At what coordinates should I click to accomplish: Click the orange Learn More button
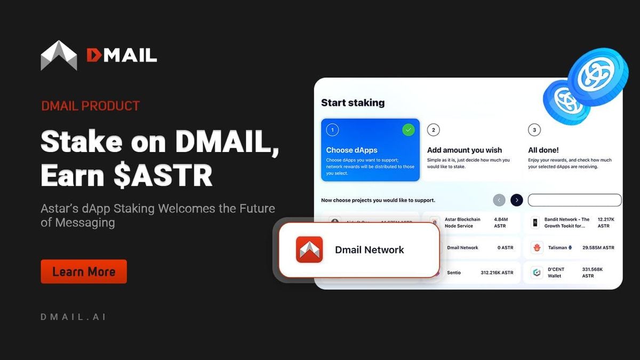point(84,271)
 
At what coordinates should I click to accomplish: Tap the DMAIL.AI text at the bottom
point(73,317)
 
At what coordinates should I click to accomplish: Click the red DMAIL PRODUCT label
point(90,106)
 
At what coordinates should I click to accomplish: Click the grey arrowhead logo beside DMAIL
point(59,55)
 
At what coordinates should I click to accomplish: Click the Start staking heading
point(353,103)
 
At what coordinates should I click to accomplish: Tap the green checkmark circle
point(408,130)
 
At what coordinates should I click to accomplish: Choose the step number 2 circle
point(434,130)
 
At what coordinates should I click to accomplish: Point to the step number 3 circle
point(534,130)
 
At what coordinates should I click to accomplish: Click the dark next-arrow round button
point(516,200)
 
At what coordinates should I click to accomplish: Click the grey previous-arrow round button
point(499,200)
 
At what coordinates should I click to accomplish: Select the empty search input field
point(574,200)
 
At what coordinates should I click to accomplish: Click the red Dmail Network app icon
point(309,250)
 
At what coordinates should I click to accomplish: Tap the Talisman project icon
point(537,247)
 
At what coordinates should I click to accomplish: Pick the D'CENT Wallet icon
point(537,273)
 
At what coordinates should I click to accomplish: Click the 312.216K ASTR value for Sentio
point(497,273)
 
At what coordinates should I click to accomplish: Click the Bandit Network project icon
point(535,222)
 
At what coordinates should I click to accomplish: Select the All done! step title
point(543,150)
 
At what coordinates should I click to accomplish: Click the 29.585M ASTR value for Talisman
point(598,247)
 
